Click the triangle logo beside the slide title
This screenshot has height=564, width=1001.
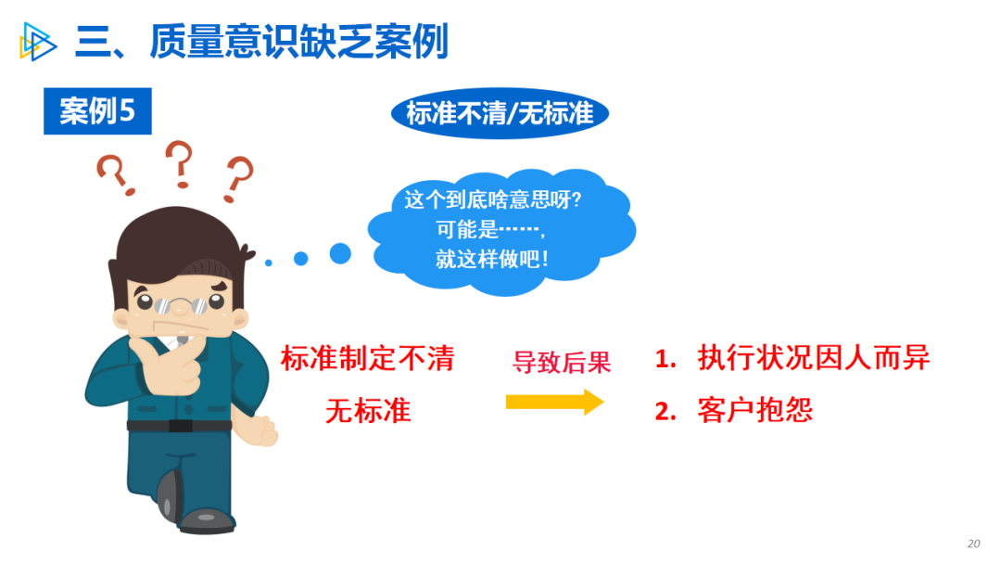click(37, 42)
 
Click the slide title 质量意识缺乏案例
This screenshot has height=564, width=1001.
click(298, 42)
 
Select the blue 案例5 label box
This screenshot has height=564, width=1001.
click(97, 111)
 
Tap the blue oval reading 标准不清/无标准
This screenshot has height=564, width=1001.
click(500, 113)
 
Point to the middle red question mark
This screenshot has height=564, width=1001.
click(180, 164)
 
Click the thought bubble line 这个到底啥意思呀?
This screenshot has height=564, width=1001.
click(493, 199)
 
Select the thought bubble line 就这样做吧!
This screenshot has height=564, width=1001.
click(491, 259)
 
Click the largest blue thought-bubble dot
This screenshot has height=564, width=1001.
click(340, 253)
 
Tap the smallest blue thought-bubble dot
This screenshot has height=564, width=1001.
click(269, 263)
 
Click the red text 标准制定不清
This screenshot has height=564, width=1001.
click(368, 358)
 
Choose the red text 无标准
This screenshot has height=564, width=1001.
click(368, 410)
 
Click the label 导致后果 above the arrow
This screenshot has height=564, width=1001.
click(562, 362)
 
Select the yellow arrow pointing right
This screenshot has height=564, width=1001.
click(555, 402)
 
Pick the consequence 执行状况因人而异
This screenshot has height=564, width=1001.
click(814, 357)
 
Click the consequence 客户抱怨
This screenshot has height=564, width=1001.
click(755, 410)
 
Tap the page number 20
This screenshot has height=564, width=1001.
click(973, 544)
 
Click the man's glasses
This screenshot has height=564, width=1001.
click(182, 305)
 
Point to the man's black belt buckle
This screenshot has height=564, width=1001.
click(181, 426)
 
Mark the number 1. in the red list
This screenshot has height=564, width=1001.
click(665, 358)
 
